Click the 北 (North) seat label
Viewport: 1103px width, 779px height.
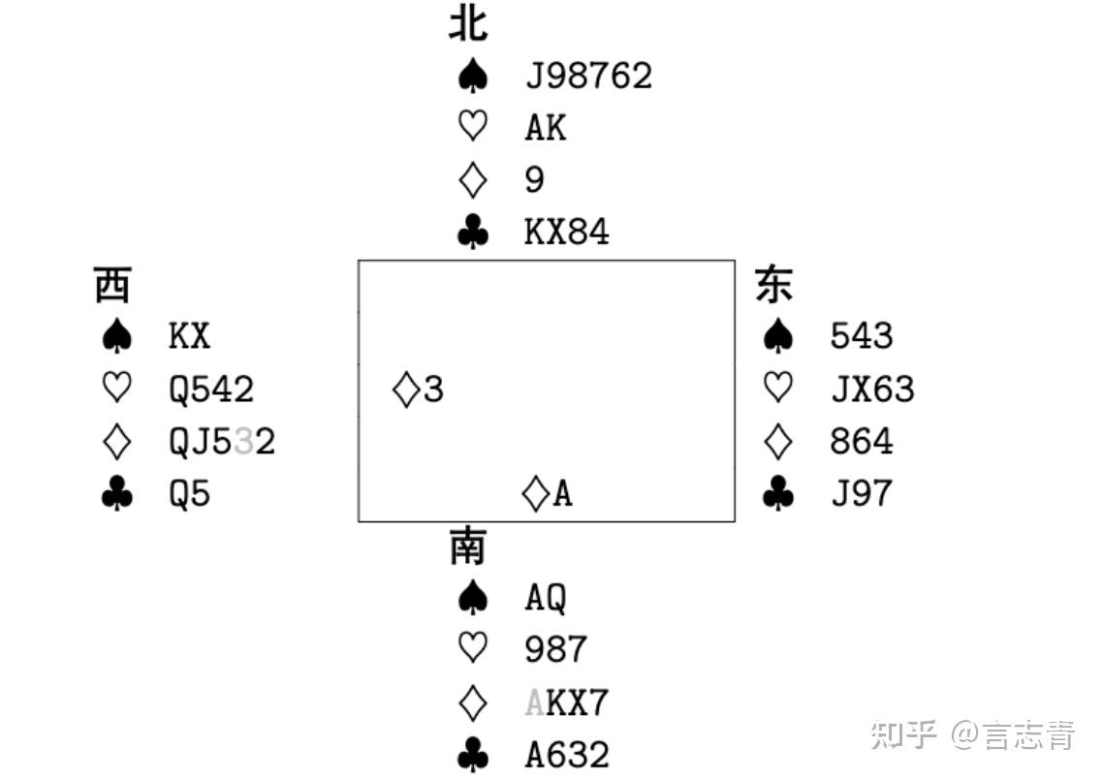pyautogui.click(x=468, y=23)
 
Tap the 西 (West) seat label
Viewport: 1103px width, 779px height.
pyautogui.click(x=112, y=285)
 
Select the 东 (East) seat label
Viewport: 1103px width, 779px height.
pyautogui.click(x=774, y=285)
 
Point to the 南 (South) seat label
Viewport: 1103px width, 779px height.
pyautogui.click(x=468, y=546)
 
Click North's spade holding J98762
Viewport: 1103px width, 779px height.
pyautogui.click(x=588, y=76)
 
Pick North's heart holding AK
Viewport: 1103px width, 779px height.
pyautogui.click(x=546, y=128)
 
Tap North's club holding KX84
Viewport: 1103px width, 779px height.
pyautogui.click(x=567, y=233)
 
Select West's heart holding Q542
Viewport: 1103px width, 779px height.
pyautogui.click(x=211, y=389)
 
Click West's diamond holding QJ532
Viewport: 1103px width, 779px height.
pyautogui.click(x=222, y=442)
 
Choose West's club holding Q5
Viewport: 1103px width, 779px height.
pyautogui.click(x=190, y=494)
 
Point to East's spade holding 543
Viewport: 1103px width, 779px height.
pyautogui.click(x=862, y=336)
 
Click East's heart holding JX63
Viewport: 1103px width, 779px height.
pyautogui.click(x=872, y=389)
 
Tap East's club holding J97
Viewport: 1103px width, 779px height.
pyautogui.click(x=862, y=494)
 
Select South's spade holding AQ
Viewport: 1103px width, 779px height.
pyautogui.click(x=546, y=598)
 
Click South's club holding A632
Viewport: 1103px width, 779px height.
pyautogui.click(x=567, y=755)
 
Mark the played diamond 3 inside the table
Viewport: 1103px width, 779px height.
pyautogui.click(x=419, y=389)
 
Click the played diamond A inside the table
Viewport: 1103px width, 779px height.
pyautogui.click(x=548, y=494)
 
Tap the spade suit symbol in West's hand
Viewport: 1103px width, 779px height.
pyautogui.click(x=116, y=336)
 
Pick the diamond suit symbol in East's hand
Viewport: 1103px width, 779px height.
pyautogui.click(x=778, y=442)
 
